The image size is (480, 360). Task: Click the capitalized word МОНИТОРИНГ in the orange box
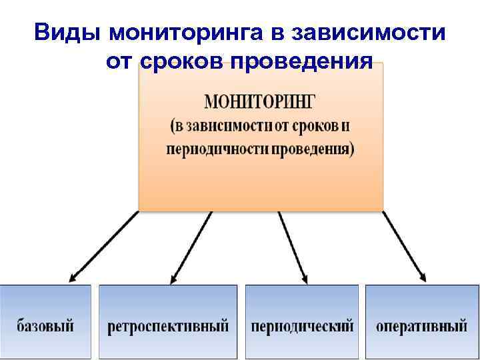point(261,103)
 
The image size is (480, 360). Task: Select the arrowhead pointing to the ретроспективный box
point(175,279)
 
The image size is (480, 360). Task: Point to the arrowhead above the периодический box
point(304,279)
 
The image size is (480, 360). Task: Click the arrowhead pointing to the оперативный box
point(422,277)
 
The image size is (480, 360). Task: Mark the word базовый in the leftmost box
point(45,327)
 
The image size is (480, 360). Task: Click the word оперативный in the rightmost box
point(421,327)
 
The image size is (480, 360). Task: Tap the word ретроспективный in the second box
point(168,327)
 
